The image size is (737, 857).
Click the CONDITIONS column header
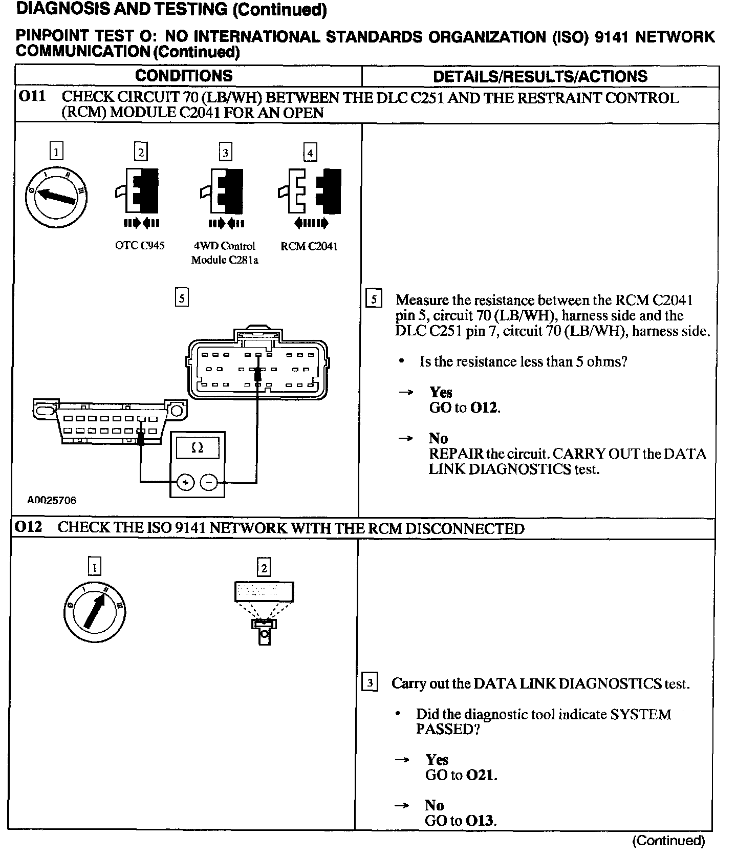[184, 76]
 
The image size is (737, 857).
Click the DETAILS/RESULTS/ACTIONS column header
[540, 77]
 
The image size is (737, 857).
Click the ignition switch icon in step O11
[56, 197]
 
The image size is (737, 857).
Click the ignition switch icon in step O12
[95, 611]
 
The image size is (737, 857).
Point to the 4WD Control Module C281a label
[225, 253]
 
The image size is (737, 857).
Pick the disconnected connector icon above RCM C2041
[310, 191]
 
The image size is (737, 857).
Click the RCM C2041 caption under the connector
[309, 246]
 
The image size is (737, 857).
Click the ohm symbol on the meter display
[197, 448]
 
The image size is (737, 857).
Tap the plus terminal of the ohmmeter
[185, 482]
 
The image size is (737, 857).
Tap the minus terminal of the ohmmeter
[209, 482]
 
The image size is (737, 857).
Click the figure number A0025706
[52, 501]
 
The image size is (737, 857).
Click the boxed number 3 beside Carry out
[370, 683]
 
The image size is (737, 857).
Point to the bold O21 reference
[481, 775]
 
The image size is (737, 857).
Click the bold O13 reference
[480, 821]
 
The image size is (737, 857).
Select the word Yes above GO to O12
[441, 392]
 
